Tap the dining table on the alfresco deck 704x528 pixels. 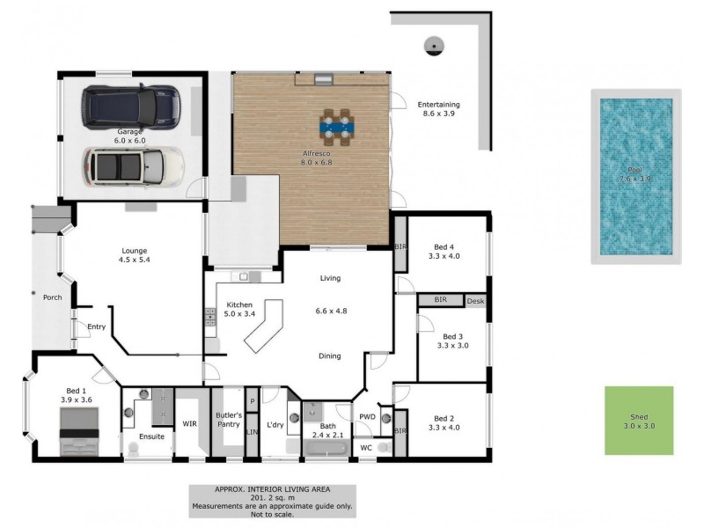(335, 125)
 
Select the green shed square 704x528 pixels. (638, 421)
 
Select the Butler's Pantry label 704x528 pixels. (228, 419)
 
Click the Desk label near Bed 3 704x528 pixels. (476, 301)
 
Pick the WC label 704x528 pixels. (367, 448)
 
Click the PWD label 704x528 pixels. (367, 416)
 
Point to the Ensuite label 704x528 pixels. (151, 436)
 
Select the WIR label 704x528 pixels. (189, 424)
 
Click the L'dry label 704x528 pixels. (275, 425)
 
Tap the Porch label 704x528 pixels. (52, 297)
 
